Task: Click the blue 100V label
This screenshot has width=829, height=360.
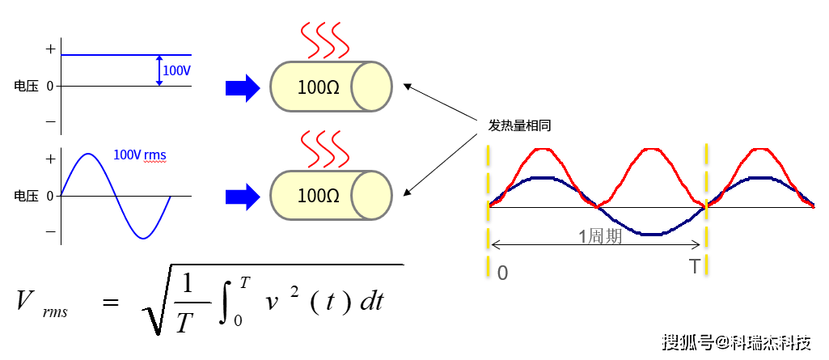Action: (176, 70)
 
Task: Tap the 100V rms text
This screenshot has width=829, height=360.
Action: (140, 154)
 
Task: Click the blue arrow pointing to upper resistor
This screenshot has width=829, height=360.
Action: (242, 87)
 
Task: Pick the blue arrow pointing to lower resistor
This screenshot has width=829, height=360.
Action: (242, 195)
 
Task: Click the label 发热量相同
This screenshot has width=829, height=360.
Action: (519, 126)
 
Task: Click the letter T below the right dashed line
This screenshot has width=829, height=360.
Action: (695, 267)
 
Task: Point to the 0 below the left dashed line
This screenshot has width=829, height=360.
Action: (502, 273)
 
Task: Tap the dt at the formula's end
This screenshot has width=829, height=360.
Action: (372, 302)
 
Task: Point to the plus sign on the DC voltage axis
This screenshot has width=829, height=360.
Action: (51, 49)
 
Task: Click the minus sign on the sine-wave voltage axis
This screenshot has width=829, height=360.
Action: (50, 231)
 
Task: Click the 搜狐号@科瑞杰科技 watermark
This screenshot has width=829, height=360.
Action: (736, 342)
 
